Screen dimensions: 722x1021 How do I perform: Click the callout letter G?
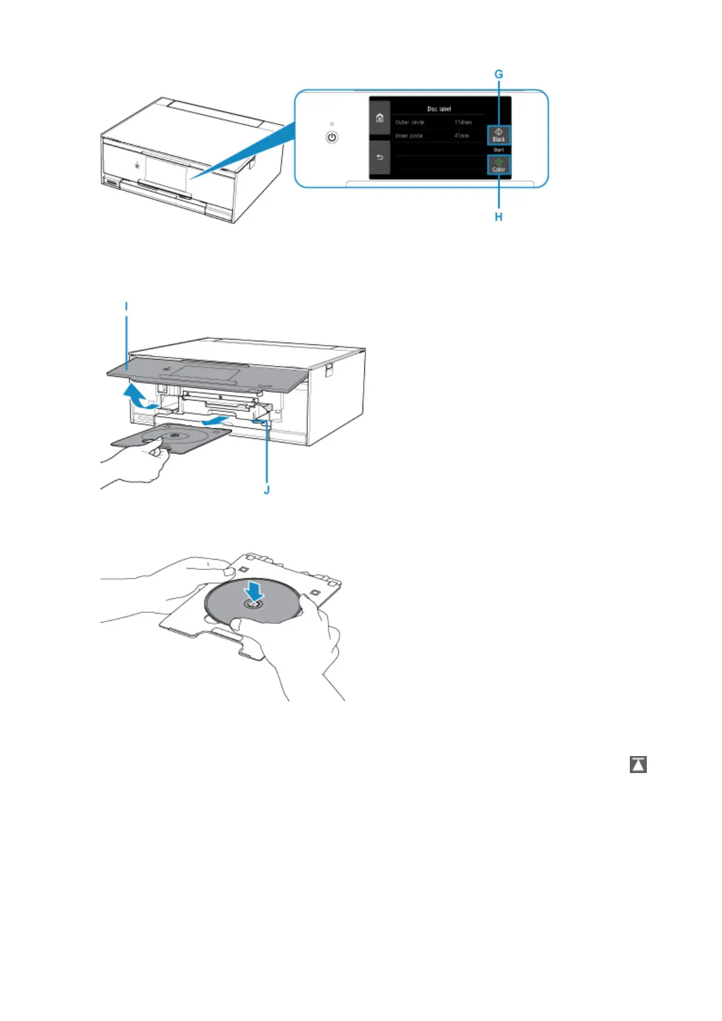[499, 75]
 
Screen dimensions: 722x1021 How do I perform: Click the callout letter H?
[498, 216]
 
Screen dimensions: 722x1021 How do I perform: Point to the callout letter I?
[127, 307]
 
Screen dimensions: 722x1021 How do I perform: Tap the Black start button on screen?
[498, 135]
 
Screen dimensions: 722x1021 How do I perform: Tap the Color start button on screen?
[498, 165]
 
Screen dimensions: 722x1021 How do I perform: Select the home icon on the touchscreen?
[379, 118]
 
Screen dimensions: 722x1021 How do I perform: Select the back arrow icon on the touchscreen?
[379, 158]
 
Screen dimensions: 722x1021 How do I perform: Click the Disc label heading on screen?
[439, 109]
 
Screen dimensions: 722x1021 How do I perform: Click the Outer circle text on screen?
[410, 122]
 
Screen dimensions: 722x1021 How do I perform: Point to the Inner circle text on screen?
[409, 136]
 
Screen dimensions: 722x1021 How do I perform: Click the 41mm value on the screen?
[462, 136]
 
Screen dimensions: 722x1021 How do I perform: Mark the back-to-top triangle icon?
[638, 765]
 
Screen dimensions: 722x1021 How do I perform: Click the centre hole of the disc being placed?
[253, 605]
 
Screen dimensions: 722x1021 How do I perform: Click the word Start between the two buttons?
[498, 150]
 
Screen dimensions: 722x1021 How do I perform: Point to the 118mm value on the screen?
[463, 122]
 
